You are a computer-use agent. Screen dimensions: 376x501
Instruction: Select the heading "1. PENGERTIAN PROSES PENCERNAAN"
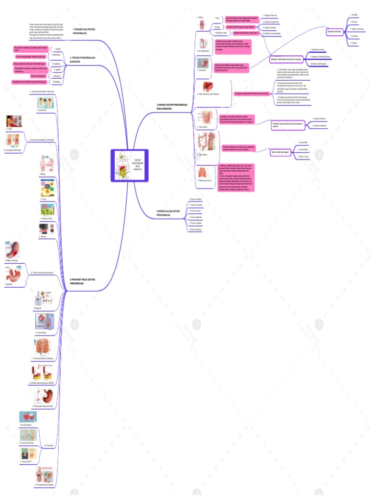[x=83, y=31]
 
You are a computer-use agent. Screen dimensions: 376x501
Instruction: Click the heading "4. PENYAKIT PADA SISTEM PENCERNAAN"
[x=83, y=281]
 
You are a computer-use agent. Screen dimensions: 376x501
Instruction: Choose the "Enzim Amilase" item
[x=195, y=200]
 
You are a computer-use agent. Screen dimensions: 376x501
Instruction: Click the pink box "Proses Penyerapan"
[x=39, y=76]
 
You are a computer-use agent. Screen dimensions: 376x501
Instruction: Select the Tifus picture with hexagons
[x=47, y=188]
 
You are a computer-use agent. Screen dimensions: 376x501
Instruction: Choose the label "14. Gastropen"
[x=48, y=445]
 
